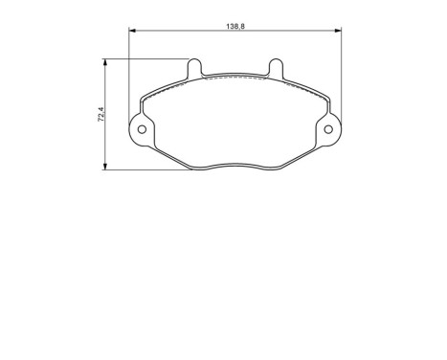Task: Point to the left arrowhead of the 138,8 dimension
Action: click(x=132, y=32)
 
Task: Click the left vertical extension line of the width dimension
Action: click(x=128, y=77)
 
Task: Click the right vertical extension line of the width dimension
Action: click(x=342, y=77)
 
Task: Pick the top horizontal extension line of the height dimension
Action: click(x=144, y=59)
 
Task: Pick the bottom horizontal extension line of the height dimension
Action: click(x=144, y=170)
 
